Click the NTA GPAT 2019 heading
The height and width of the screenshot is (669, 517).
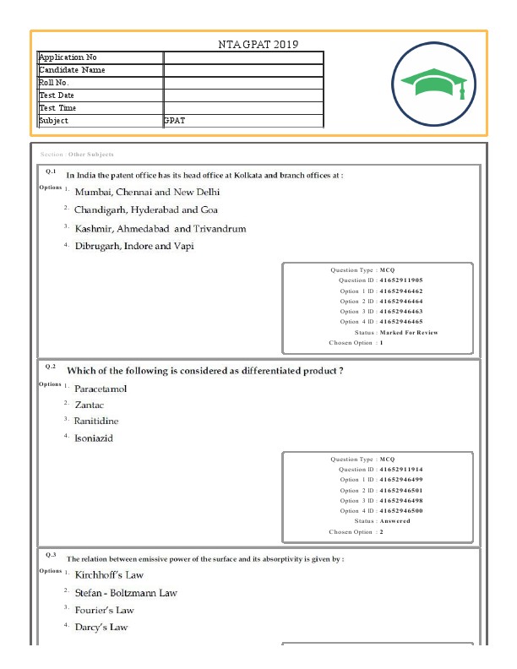tap(258, 44)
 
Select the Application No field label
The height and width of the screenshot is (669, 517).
tap(68, 57)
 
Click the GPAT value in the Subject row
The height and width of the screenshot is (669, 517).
tap(175, 121)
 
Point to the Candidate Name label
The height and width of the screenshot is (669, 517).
tap(73, 70)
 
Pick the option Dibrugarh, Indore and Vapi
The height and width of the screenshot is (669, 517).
tap(140, 246)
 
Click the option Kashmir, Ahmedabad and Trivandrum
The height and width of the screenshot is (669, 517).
tap(160, 228)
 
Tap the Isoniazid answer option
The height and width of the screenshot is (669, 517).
tap(94, 438)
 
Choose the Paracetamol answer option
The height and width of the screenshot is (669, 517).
tap(101, 389)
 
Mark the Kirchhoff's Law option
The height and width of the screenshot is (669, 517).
tap(109, 575)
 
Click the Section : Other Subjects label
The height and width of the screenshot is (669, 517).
tap(77, 155)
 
